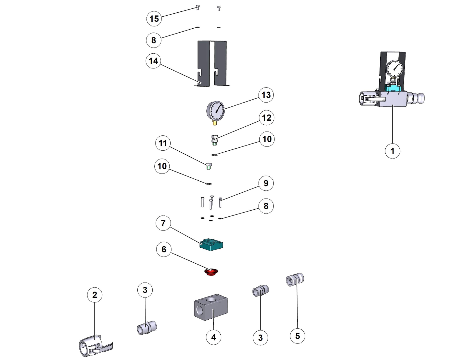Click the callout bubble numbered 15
154,18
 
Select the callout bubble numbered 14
153,61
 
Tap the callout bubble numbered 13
266,95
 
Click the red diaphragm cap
211,271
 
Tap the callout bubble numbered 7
163,223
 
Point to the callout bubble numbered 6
164,249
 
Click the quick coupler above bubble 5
295,279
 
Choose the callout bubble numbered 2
95,295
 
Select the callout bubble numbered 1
392,151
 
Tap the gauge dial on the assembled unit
395,68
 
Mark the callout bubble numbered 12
266,118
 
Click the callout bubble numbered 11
163,143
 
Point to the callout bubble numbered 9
266,183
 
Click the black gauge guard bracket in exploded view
212,63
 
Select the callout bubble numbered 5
297,336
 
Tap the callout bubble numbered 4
214,337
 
